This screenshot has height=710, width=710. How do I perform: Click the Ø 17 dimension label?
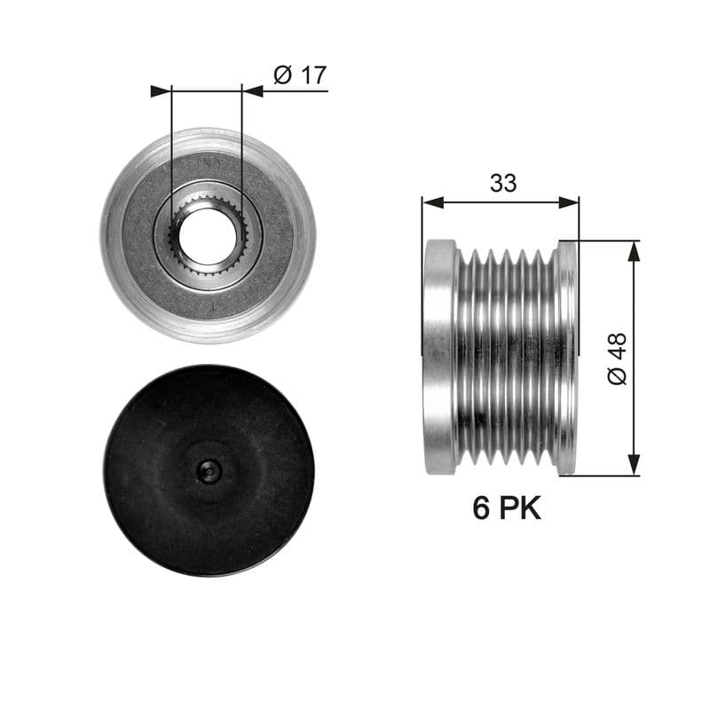point(299,75)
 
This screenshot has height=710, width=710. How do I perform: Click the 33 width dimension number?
point(502,184)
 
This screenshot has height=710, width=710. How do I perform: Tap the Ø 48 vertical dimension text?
point(617,359)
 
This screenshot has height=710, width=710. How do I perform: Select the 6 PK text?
point(506,509)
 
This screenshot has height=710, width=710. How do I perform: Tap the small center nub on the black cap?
point(208,470)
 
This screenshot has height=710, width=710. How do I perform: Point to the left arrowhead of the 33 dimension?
point(431,202)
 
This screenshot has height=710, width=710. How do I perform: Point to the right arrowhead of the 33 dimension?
point(570,202)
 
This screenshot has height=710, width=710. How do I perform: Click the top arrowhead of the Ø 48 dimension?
point(633,250)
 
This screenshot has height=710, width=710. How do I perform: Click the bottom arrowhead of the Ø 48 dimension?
point(633,465)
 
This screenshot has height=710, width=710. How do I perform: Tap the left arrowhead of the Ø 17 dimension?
point(160,91)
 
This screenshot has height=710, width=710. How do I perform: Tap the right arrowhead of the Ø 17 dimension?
point(252,91)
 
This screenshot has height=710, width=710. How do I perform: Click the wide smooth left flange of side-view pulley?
point(439,355)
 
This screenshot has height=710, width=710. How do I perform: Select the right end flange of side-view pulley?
point(564,355)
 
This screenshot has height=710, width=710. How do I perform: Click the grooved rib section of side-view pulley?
point(506,355)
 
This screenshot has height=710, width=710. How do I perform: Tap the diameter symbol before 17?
point(282,75)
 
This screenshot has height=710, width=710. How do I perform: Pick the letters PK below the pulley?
point(520,509)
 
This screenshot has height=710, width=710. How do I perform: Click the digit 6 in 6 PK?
point(482,509)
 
